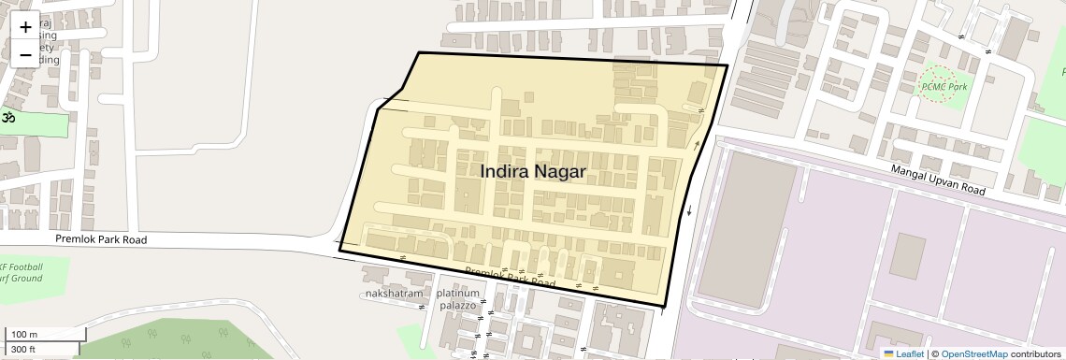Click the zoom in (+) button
(x=25, y=27)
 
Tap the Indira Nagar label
(x=533, y=172)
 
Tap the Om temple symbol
(x=9, y=119)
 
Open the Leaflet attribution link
(x=904, y=353)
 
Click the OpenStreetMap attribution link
(x=973, y=353)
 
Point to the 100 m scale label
(x=23, y=335)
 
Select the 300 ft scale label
(x=23, y=350)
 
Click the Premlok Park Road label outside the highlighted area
(x=101, y=239)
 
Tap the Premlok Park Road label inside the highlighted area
(x=511, y=277)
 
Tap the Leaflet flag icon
(x=888, y=353)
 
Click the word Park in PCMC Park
(x=957, y=86)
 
